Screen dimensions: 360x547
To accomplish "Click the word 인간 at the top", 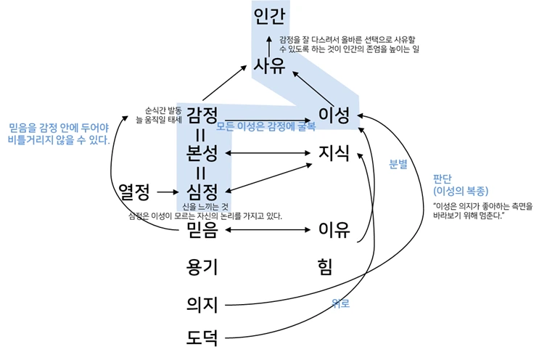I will click(x=271, y=16).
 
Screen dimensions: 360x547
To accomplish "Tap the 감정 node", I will click(x=202, y=115).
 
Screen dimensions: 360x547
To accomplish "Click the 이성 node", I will click(x=334, y=115).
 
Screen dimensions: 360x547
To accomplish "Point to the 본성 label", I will click(x=202, y=153).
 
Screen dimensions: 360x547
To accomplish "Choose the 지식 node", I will click(x=334, y=153).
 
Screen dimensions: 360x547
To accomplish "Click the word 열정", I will click(x=134, y=192).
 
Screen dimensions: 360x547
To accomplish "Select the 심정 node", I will click(x=202, y=192).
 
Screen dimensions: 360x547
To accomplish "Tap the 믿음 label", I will click(x=202, y=231).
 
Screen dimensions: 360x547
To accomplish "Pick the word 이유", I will click(x=334, y=231).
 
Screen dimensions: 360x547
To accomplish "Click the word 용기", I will click(x=202, y=266).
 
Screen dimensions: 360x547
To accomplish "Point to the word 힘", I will click(x=324, y=266).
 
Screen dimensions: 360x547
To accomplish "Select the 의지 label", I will click(x=202, y=303).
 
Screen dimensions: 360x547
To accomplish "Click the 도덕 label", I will click(x=202, y=338).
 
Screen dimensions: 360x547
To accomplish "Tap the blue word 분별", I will click(x=398, y=164).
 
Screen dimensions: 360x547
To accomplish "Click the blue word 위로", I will click(x=340, y=303).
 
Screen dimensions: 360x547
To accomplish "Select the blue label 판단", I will click(x=443, y=179).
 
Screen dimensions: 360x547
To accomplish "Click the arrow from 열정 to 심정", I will click(x=166, y=192).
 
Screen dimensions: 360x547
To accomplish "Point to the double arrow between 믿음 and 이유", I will click(x=268, y=232).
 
